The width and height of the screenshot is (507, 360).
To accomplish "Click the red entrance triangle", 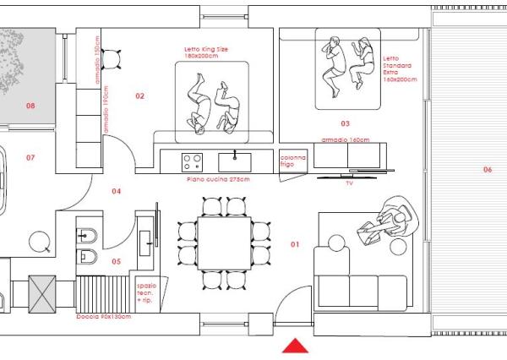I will click(295, 345).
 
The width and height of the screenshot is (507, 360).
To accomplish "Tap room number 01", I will click(295, 244).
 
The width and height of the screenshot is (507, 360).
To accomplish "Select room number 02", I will click(140, 96).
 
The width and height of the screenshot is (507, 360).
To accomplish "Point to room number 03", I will click(345, 123).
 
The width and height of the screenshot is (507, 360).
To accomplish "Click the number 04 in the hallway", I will click(117, 191).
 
